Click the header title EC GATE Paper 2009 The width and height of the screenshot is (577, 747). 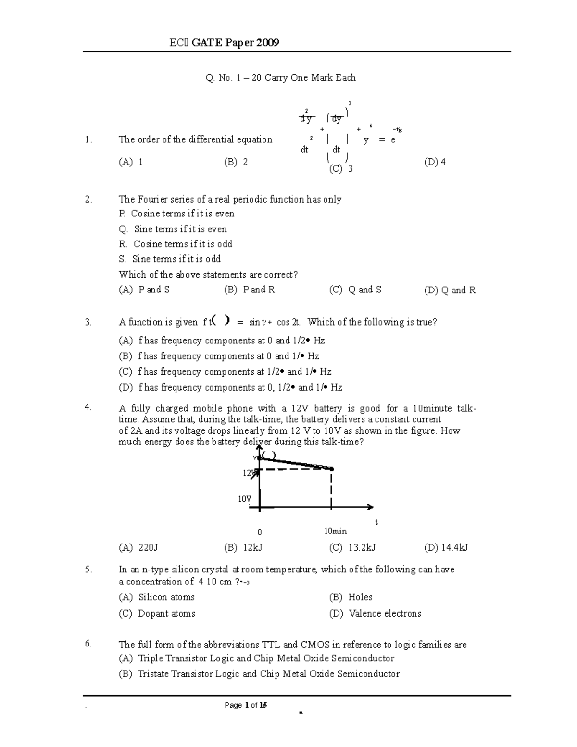224,43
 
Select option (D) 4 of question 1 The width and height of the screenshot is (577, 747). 435,162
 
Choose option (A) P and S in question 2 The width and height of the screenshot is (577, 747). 144,290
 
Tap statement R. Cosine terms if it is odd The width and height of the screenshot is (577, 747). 176,244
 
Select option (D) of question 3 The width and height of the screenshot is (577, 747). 230,387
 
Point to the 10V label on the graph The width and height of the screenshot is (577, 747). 244,499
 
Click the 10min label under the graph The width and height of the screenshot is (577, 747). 335,531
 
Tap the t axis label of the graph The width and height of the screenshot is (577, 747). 376,522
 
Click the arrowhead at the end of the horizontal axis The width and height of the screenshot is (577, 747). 370,507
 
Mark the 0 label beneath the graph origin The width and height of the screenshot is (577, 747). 260,532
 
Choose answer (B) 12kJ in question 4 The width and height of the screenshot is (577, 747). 243,547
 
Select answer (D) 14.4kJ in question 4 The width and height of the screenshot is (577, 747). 446,547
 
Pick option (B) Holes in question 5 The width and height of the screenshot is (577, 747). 351,597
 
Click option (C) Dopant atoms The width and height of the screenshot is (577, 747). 157,613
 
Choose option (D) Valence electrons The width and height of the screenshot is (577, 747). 375,613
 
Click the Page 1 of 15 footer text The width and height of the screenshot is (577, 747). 246,705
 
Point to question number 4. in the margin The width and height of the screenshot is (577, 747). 88,407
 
